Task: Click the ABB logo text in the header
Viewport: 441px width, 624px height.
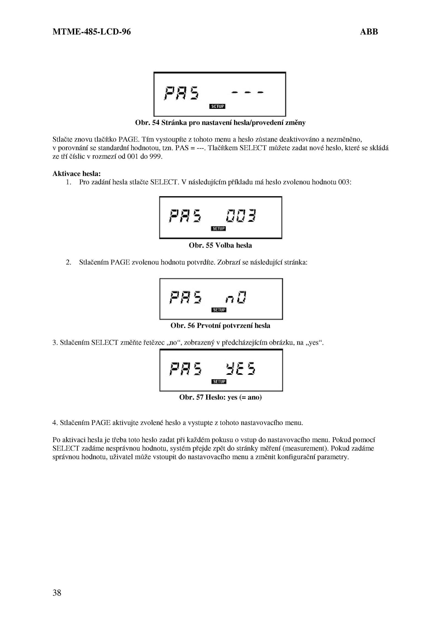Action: pos(369,32)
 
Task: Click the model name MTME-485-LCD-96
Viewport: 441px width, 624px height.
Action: pos(92,32)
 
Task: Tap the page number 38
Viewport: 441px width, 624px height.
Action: pos(57,593)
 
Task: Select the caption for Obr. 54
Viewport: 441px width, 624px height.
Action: pos(220,123)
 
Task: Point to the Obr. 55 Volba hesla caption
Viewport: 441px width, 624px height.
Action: pos(220,245)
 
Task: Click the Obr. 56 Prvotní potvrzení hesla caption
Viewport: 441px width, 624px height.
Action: pos(220,326)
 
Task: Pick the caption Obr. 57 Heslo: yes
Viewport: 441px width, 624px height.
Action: pos(220,397)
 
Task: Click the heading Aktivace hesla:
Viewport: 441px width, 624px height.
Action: pos(76,174)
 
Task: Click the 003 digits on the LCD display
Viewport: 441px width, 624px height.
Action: pos(241,216)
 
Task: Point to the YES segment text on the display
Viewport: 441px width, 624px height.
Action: pos(240,369)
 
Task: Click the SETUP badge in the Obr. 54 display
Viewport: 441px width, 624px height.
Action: pos(217,106)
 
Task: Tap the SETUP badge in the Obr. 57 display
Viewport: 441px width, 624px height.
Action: pos(219,381)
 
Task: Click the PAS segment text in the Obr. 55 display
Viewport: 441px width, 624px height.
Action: pos(185,216)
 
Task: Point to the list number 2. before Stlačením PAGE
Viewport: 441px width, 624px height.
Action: pos(68,262)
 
